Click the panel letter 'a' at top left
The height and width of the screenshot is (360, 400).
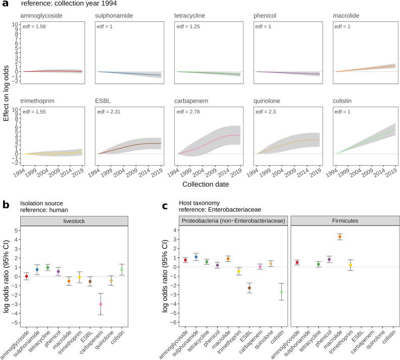click(5, 5)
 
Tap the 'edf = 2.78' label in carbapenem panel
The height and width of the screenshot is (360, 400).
click(189, 109)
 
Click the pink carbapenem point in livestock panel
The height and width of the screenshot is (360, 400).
click(101, 304)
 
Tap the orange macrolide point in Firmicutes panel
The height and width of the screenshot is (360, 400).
click(340, 237)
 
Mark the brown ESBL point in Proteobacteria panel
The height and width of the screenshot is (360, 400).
click(249, 288)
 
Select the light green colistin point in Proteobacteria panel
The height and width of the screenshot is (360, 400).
click(281, 292)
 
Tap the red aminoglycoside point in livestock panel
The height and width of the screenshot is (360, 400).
click(27, 276)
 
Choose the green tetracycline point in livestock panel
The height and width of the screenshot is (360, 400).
click(48, 267)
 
